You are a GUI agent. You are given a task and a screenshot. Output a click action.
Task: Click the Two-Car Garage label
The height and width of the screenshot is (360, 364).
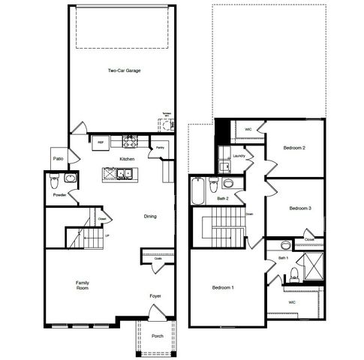(124, 70)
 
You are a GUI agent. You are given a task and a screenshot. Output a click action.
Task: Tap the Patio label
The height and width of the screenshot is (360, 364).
(58, 159)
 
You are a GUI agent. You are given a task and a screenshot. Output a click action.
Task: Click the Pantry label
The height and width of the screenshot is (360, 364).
(160, 148)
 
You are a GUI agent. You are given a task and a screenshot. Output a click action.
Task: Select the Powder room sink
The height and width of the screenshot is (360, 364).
(69, 178)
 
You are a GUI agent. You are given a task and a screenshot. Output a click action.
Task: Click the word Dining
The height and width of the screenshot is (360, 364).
(150, 217)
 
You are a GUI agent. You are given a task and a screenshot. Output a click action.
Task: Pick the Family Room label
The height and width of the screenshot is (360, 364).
(82, 285)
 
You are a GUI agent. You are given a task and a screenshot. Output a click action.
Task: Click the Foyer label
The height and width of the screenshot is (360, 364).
(155, 296)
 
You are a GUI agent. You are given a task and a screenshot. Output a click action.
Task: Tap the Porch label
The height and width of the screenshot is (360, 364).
(158, 336)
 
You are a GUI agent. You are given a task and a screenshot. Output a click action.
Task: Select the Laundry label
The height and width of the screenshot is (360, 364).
(239, 156)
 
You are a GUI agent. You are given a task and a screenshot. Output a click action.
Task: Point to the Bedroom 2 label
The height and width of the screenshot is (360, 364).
(293, 148)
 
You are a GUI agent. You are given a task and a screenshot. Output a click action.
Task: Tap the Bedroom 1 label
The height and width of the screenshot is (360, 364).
(222, 288)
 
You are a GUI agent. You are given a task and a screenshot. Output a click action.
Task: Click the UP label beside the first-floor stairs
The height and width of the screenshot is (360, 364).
(107, 235)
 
